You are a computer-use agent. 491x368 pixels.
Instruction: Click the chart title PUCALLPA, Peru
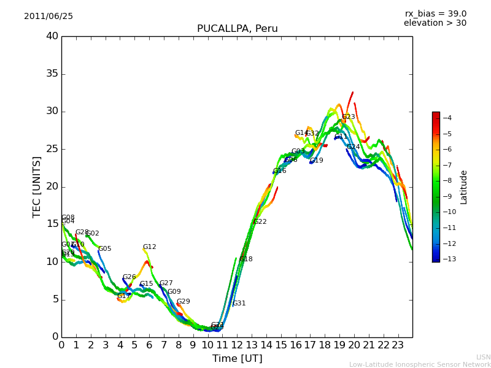[237, 29]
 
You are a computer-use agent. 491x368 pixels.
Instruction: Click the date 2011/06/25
[48, 17]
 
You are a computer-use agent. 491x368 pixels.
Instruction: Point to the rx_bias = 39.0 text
[435, 14]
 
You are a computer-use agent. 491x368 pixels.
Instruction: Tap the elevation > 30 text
[435, 23]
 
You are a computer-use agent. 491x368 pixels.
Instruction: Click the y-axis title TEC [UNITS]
[37, 186]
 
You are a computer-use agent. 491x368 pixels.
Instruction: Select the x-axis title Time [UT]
[237, 359]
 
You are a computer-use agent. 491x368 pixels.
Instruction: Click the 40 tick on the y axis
[52, 36]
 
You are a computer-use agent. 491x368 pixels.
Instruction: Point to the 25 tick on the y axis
[52, 149]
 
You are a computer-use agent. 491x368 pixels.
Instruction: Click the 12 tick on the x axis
[237, 345]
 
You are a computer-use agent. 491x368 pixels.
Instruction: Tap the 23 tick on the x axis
[398, 345]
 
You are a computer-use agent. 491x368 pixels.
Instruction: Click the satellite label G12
[150, 247]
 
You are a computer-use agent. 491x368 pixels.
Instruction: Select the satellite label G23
[349, 117]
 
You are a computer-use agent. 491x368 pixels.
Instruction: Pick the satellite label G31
[239, 304]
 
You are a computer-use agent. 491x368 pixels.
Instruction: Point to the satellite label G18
[246, 259]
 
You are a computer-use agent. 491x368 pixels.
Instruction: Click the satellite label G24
[354, 147]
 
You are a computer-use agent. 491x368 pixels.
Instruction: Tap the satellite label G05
[105, 249]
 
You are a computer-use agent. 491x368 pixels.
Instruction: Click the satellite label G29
[184, 302]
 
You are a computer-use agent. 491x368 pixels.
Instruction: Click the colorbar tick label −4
[447, 118]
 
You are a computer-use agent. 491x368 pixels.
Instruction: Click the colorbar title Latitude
[464, 187]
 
